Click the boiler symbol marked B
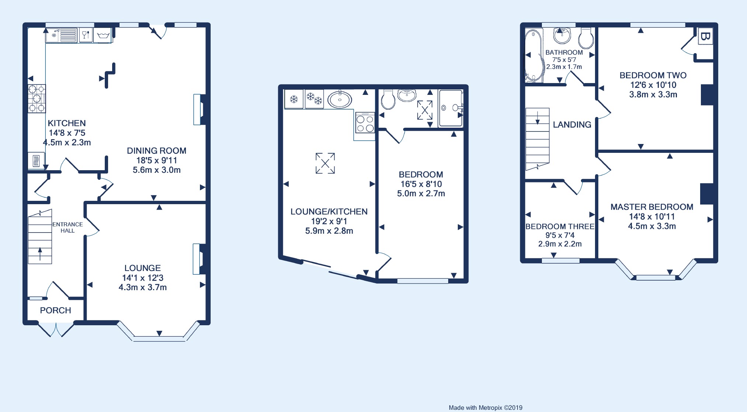[705, 37]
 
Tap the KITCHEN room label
[67, 123]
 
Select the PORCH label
[55, 310]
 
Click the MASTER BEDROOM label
[652, 207]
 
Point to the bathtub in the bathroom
[533, 56]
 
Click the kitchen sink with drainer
[61, 35]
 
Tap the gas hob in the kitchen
[37, 98]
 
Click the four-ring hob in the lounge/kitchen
[365, 123]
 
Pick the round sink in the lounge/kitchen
[340, 99]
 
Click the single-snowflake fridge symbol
[294, 99]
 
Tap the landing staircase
[537, 139]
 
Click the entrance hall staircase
[40, 237]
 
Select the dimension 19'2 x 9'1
[329, 221]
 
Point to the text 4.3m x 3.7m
[143, 287]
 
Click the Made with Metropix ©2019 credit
[485, 408]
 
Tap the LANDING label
[572, 125]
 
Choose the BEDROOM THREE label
[560, 226]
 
